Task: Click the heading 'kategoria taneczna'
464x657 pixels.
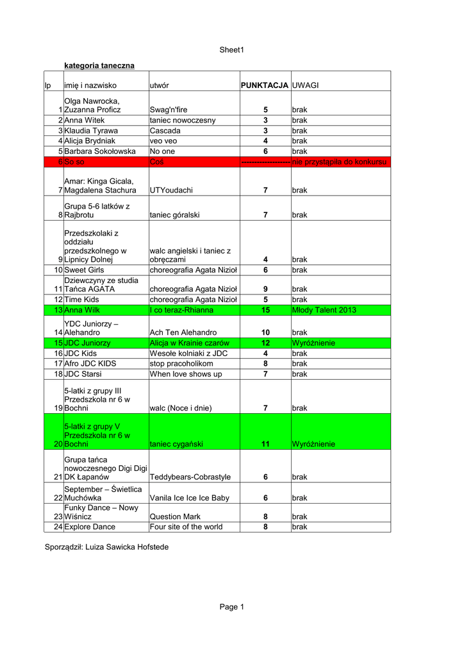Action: [x=99, y=65]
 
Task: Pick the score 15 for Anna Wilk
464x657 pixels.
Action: [x=265, y=310]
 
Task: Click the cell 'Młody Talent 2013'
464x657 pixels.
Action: [x=323, y=310]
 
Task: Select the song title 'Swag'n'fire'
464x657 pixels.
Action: [x=169, y=110]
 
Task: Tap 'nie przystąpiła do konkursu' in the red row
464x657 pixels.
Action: [x=340, y=162]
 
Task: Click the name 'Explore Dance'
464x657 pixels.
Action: [x=90, y=527]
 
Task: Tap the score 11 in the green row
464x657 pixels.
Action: [x=265, y=444]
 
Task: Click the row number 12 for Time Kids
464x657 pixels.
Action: [x=58, y=300]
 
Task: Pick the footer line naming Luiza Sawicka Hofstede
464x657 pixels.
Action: [x=106, y=547]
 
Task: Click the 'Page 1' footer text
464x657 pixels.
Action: [x=232, y=607]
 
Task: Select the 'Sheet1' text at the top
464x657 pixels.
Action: [x=232, y=49]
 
